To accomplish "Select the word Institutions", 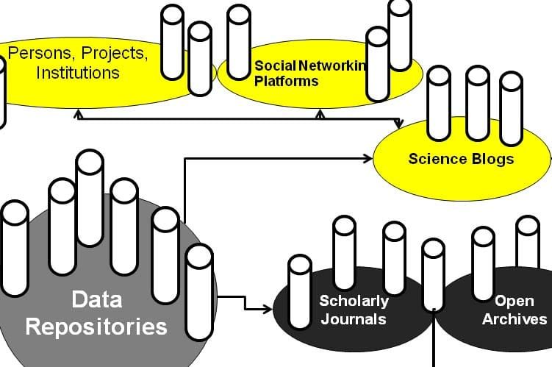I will (78, 73).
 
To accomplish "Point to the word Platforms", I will (286, 81).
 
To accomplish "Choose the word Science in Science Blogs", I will (437, 159).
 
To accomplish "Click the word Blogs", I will (492, 159).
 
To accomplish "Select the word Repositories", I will (96, 326).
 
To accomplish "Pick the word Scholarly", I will (354, 301).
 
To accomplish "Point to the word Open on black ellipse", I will (514, 301).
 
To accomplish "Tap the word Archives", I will (514, 318).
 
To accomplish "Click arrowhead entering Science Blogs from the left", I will (369, 157).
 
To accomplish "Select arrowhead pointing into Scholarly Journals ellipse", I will (268, 310).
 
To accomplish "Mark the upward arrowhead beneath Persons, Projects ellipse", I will (77, 114).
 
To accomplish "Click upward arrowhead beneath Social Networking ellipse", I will (320, 114).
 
